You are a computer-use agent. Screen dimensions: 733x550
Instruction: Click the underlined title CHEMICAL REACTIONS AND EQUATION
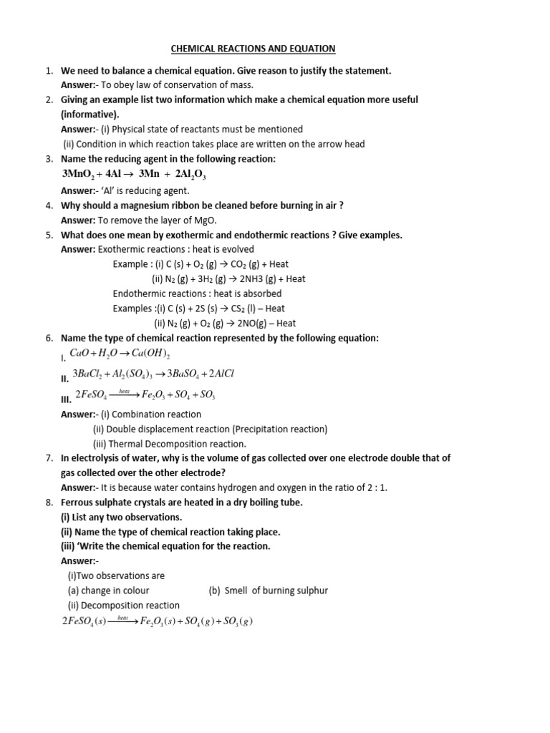click(x=253, y=49)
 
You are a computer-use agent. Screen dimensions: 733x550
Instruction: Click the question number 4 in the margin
click(x=49, y=205)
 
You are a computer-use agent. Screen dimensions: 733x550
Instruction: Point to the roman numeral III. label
click(x=67, y=399)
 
